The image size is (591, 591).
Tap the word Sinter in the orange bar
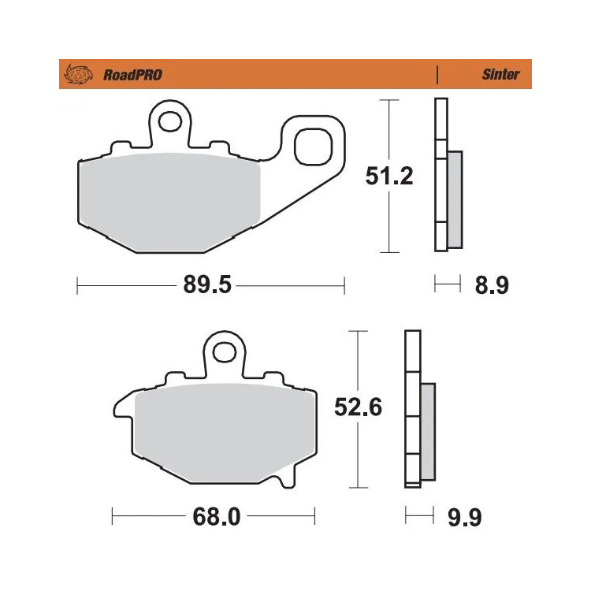coord(500,75)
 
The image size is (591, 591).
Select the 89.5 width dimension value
coord(207,285)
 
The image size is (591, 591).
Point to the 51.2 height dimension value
coord(388,176)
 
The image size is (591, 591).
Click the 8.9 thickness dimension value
coord(492,285)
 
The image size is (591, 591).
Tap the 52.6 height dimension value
coord(359,409)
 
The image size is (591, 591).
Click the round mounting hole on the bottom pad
coord(223,348)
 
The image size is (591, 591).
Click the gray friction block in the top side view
coord(455,199)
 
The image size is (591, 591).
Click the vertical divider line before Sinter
coord(437,75)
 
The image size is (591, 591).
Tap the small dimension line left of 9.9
coord(419,517)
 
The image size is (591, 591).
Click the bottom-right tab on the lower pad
coord(289,476)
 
